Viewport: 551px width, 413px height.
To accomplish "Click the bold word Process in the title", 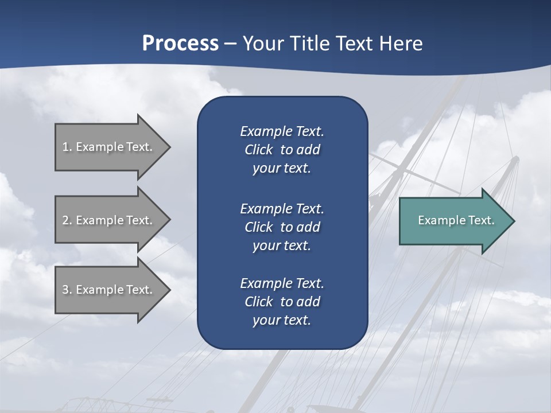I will coord(180,44).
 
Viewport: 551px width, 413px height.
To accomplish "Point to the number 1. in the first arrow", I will coord(67,147).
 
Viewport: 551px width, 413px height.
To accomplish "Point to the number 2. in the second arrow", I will coord(67,220).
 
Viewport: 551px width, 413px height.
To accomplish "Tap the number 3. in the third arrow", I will coord(67,290).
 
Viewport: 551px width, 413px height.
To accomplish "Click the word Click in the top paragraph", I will coord(259,150).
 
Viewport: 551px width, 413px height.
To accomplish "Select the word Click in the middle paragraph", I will coord(259,227).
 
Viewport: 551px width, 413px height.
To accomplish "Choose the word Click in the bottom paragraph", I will coord(259,302).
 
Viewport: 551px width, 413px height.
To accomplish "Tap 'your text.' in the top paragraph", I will coord(281,169).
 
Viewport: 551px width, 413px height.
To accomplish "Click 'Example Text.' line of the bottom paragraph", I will coord(282,283).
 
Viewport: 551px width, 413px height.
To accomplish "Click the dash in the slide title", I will coord(231,44).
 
